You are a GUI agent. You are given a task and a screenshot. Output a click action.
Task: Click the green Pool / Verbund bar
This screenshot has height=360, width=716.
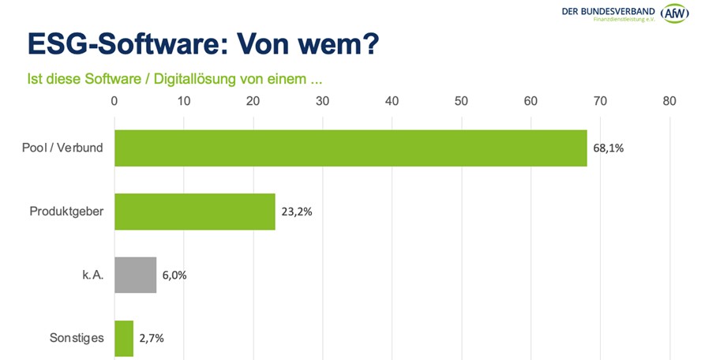(x=351, y=148)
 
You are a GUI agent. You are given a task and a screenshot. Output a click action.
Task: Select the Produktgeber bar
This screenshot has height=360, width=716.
(x=195, y=212)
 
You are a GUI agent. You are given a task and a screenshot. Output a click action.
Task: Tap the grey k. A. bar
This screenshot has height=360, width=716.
(x=136, y=275)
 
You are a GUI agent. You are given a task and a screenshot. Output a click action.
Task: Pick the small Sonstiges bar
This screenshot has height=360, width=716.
(x=125, y=338)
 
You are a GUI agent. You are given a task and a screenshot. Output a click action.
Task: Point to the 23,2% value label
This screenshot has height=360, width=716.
(x=297, y=212)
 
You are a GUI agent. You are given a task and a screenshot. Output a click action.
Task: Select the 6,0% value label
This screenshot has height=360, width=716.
(x=174, y=275)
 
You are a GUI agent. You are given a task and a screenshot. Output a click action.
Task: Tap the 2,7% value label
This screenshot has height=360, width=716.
(x=151, y=338)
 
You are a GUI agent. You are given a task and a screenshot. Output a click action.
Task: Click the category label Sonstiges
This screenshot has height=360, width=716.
(x=77, y=338)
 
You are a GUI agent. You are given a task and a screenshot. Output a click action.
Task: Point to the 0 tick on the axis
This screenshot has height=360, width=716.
(x=115, y=101)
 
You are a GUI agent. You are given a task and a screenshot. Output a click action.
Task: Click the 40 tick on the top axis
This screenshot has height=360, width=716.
(x=392, y=101)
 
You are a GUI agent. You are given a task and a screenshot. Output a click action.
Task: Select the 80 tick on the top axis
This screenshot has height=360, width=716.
(x=669, y=101)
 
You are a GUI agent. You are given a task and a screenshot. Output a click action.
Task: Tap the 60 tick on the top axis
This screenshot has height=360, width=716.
(x=530, y=101)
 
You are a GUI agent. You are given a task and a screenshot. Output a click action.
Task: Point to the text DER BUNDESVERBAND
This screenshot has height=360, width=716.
(x=608, y=10)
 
